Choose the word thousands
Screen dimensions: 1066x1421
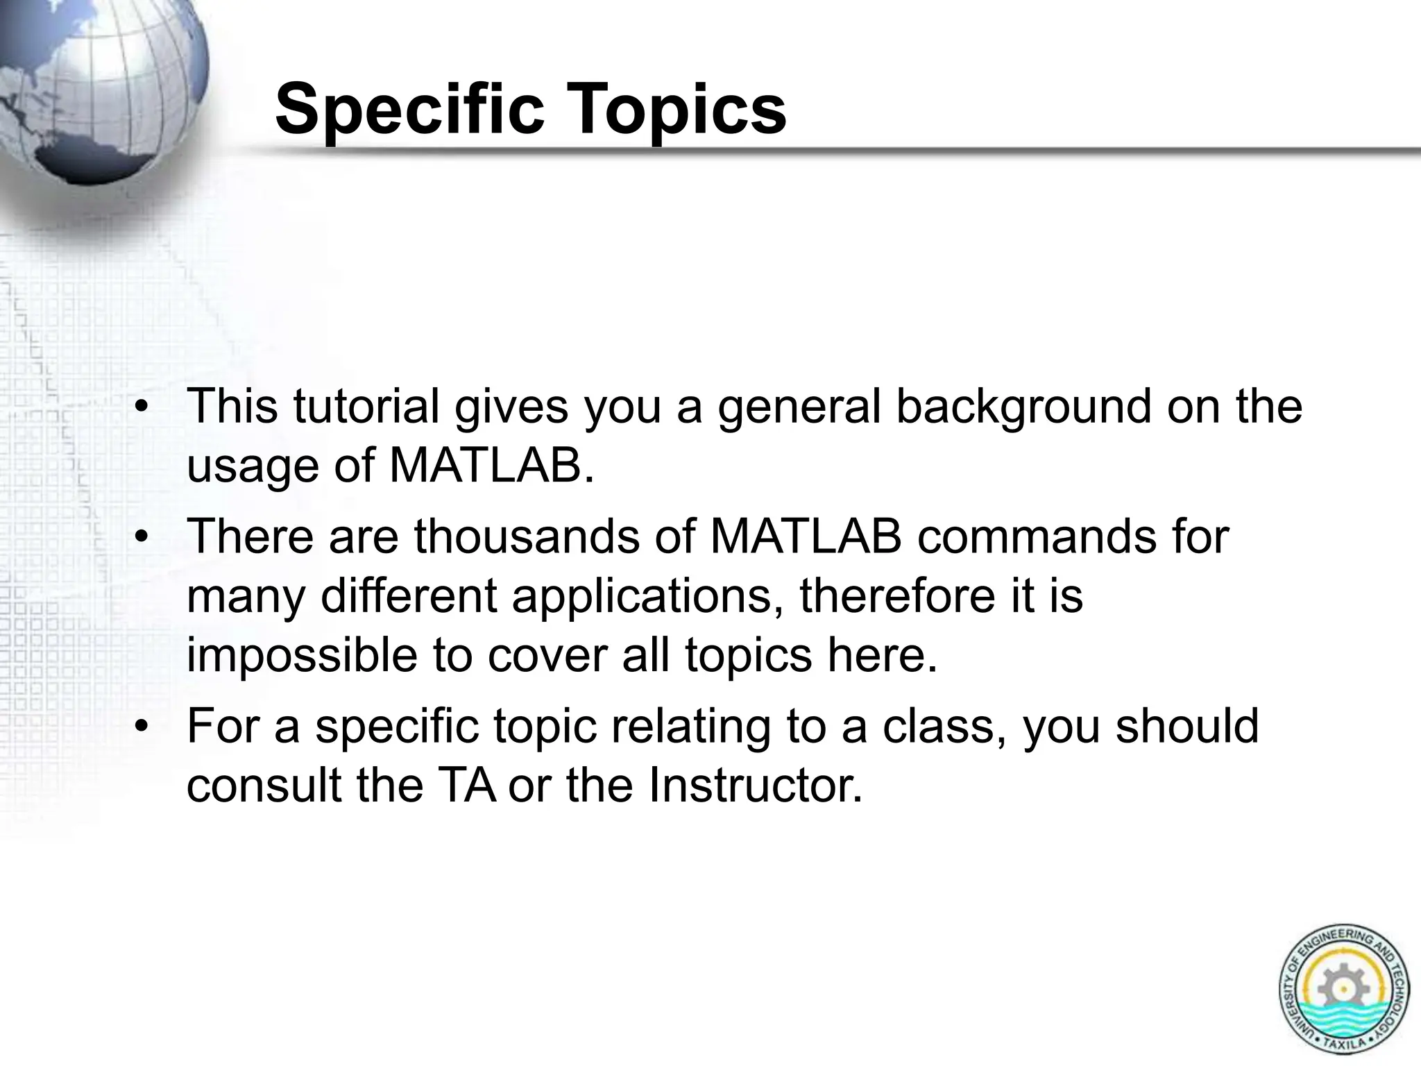coord(527,536)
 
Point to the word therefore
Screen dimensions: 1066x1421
coord(903,595)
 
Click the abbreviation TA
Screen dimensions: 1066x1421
coord(466,786)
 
